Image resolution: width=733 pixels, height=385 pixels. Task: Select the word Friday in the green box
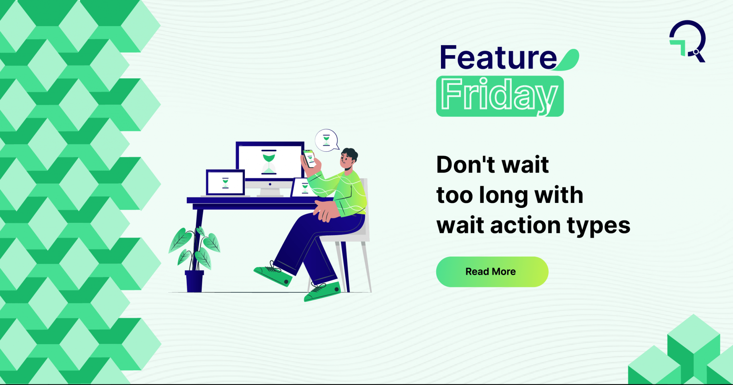[499, 96]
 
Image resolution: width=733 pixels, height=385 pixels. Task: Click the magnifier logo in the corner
[688, 41]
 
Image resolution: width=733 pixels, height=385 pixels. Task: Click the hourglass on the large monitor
[269, 163]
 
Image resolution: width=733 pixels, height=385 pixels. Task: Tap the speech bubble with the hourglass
[326, 140]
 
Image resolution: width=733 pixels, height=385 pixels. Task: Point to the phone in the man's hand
[310, 158]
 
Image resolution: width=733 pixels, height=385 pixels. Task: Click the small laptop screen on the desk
[225, 182]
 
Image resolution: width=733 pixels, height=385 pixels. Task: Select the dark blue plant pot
[194, 281]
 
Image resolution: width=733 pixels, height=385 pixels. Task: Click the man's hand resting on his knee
[326, 211]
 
